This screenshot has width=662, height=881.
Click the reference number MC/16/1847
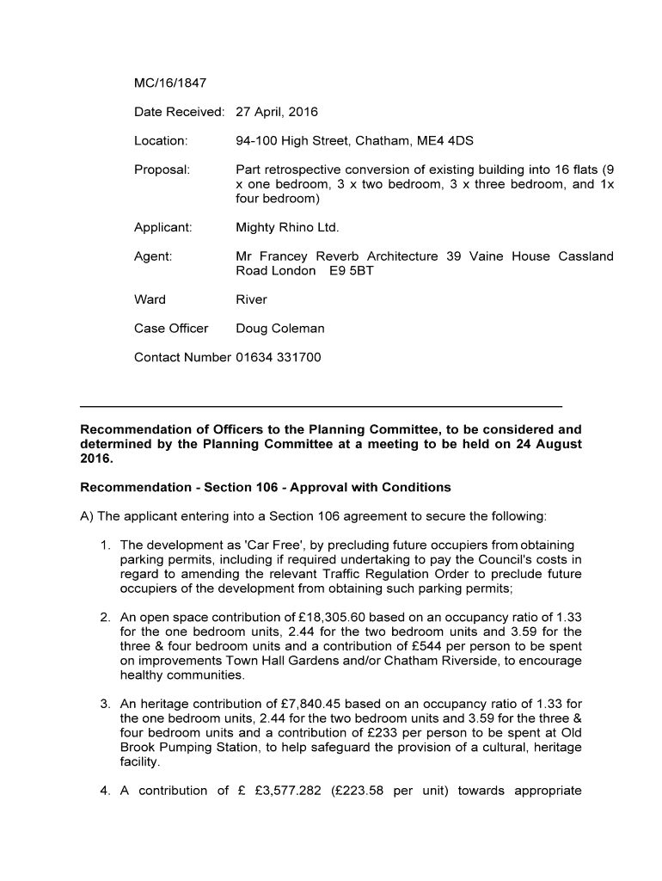pos(170,83)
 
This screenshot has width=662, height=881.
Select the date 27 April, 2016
pos(277,112)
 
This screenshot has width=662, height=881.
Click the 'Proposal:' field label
pos(162,169)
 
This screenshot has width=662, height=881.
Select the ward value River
pos(251,299)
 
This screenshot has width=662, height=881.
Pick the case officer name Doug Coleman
pos(279,329)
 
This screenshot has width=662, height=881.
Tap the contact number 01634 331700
pos(278,357)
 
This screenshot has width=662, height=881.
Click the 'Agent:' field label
pos(153,256)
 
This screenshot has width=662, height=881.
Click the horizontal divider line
pos(321,405)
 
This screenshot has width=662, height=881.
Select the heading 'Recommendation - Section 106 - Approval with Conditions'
pos(265,488)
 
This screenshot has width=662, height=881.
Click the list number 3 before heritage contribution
pos(104,704)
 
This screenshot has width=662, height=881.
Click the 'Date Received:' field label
pos(179,112)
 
